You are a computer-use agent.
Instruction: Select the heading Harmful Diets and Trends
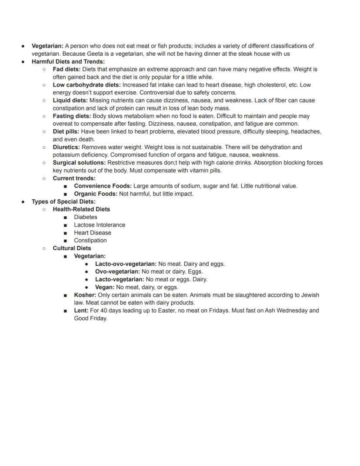point(68,61)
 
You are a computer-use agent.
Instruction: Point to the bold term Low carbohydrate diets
point(87,85)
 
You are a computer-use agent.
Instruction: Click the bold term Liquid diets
point(70,101)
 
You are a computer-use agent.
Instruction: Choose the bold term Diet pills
point(66,131)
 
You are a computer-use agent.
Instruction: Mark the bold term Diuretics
point(66,147)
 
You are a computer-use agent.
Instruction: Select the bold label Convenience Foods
point(103,186)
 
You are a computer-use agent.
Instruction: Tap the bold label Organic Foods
point(95,194)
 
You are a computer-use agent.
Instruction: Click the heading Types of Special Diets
point(63,201)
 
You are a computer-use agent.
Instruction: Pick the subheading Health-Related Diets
point(81,209)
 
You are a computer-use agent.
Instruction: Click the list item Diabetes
point(86,217)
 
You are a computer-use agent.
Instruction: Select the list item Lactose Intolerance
point(100,225)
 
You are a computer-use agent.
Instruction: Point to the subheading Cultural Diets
point(72,248)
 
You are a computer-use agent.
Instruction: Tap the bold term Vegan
point(105,287)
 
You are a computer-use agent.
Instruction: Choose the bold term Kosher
point(85,295)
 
